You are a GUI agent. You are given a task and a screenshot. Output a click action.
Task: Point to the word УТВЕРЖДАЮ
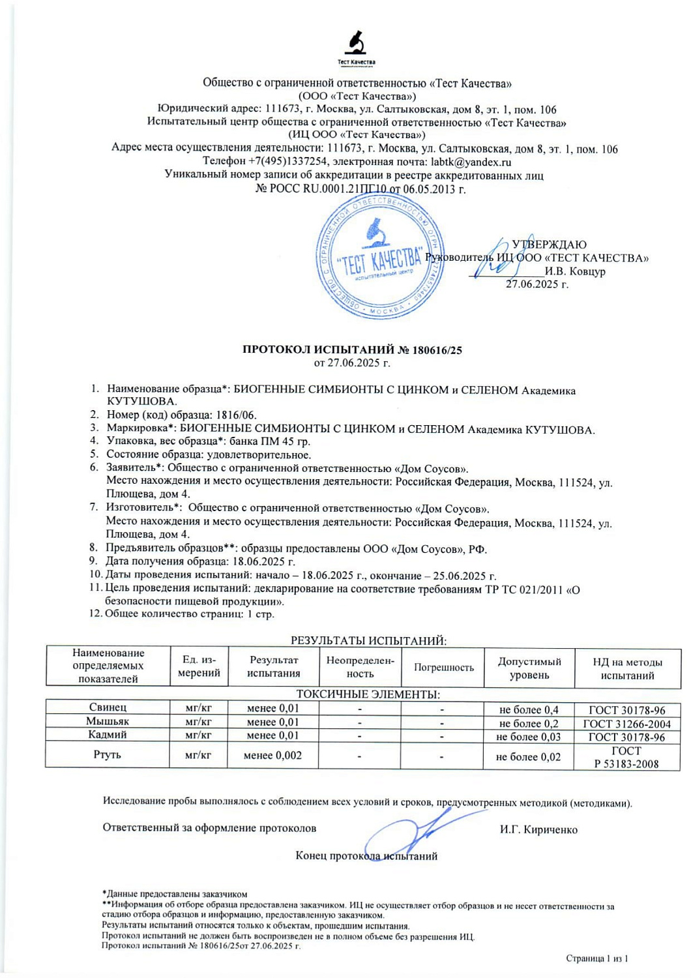point(549,244)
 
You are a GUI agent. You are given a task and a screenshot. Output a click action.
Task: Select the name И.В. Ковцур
point(575,271)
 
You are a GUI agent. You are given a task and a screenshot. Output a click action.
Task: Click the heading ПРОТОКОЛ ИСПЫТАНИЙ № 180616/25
point(352,349)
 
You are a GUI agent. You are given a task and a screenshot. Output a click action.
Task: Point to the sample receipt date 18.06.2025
point(261,561)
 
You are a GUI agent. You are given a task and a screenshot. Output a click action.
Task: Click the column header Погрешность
point(443,667)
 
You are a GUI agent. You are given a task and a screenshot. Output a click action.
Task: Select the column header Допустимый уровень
point(529,668)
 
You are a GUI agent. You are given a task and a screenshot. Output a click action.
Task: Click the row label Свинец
point(108,707)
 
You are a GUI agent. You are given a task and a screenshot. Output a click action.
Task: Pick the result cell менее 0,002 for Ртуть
point(272,756)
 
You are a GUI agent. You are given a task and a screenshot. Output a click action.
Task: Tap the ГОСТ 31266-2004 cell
point(626,724)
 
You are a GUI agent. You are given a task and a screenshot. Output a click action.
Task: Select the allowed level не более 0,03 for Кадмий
point(528,737)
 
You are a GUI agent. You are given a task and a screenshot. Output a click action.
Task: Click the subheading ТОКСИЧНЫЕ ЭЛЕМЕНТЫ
point(368,694)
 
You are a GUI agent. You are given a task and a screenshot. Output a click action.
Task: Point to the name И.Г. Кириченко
point(538,829)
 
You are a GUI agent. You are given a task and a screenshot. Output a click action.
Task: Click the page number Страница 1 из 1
point(596,958)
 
